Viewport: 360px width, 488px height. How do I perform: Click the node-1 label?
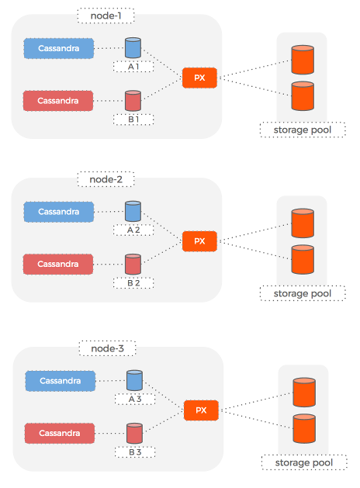pos(106,16)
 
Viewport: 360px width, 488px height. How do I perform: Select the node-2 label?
pos(106,179)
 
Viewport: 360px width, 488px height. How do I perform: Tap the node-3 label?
pos(107,348)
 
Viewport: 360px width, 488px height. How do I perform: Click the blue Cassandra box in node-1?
pos(59,48)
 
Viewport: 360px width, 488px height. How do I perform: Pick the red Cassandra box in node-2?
pos(58,265)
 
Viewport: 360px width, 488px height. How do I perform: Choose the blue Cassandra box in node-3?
pos(61,381)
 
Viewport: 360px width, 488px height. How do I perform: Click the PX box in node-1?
pos(199,78)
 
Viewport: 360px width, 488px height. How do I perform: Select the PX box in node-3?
pos(201,410)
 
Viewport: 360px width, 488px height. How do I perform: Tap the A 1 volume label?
pos(133,67)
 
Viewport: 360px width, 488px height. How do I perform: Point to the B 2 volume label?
pos(133,283)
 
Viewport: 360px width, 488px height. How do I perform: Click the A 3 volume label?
pos(135,399)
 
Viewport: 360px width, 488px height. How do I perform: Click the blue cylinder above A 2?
pos(133,211)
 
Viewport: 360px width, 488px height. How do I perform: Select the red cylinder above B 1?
pos(133,101)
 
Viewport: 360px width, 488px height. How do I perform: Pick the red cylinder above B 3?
pos(134,433)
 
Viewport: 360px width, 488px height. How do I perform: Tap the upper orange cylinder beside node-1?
pos(303,60)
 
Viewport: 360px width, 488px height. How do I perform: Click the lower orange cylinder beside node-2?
pos(303,260)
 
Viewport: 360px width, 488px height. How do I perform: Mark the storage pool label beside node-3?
pos(304,462)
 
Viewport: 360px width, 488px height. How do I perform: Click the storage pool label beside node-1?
pos(303,130)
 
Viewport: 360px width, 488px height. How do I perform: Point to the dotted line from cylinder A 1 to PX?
pos(162,63)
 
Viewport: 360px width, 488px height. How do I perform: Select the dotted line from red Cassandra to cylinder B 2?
pos(109,265)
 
